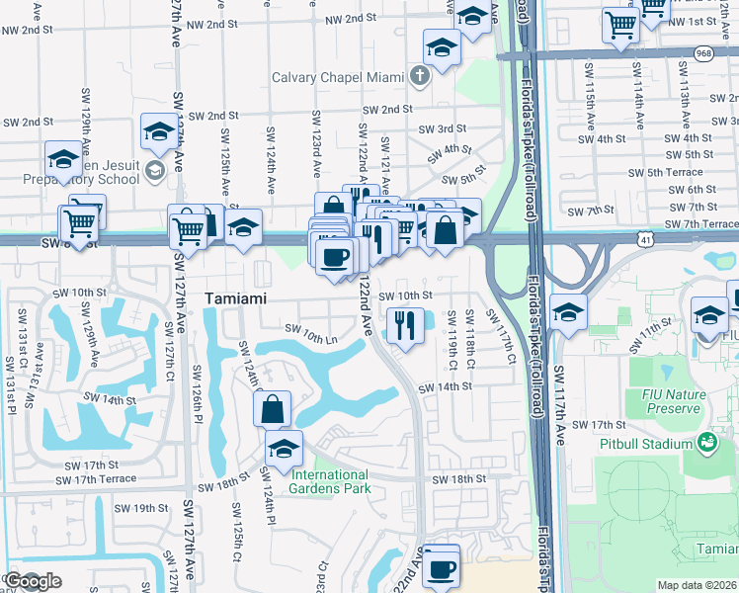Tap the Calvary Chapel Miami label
point(343,77)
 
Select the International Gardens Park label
point(330,481)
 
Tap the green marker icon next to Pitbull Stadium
point(707,443)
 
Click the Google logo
point(32,581)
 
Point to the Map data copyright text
point(697,585)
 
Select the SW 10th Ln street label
point(312,334)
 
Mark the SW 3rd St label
point(442,128)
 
